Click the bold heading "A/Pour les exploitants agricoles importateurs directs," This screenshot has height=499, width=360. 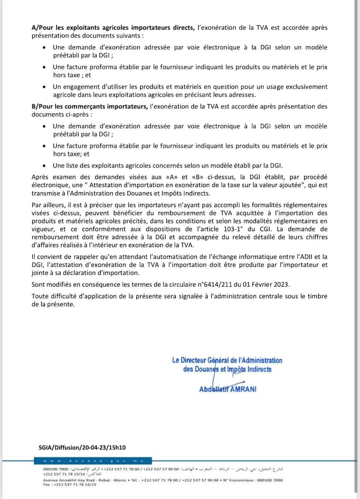tap(113, 28)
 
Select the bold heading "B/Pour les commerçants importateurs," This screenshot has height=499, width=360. tap(89, 106)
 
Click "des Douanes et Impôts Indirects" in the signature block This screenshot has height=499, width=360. tap(227, 370)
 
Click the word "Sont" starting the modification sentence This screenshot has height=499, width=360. tap(38, 285)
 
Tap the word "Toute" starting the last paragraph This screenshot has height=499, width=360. tap(40, 296)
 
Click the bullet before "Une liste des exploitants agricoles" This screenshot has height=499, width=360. tap(44, 166)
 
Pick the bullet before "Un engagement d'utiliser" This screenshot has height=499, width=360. tap(44, 87)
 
